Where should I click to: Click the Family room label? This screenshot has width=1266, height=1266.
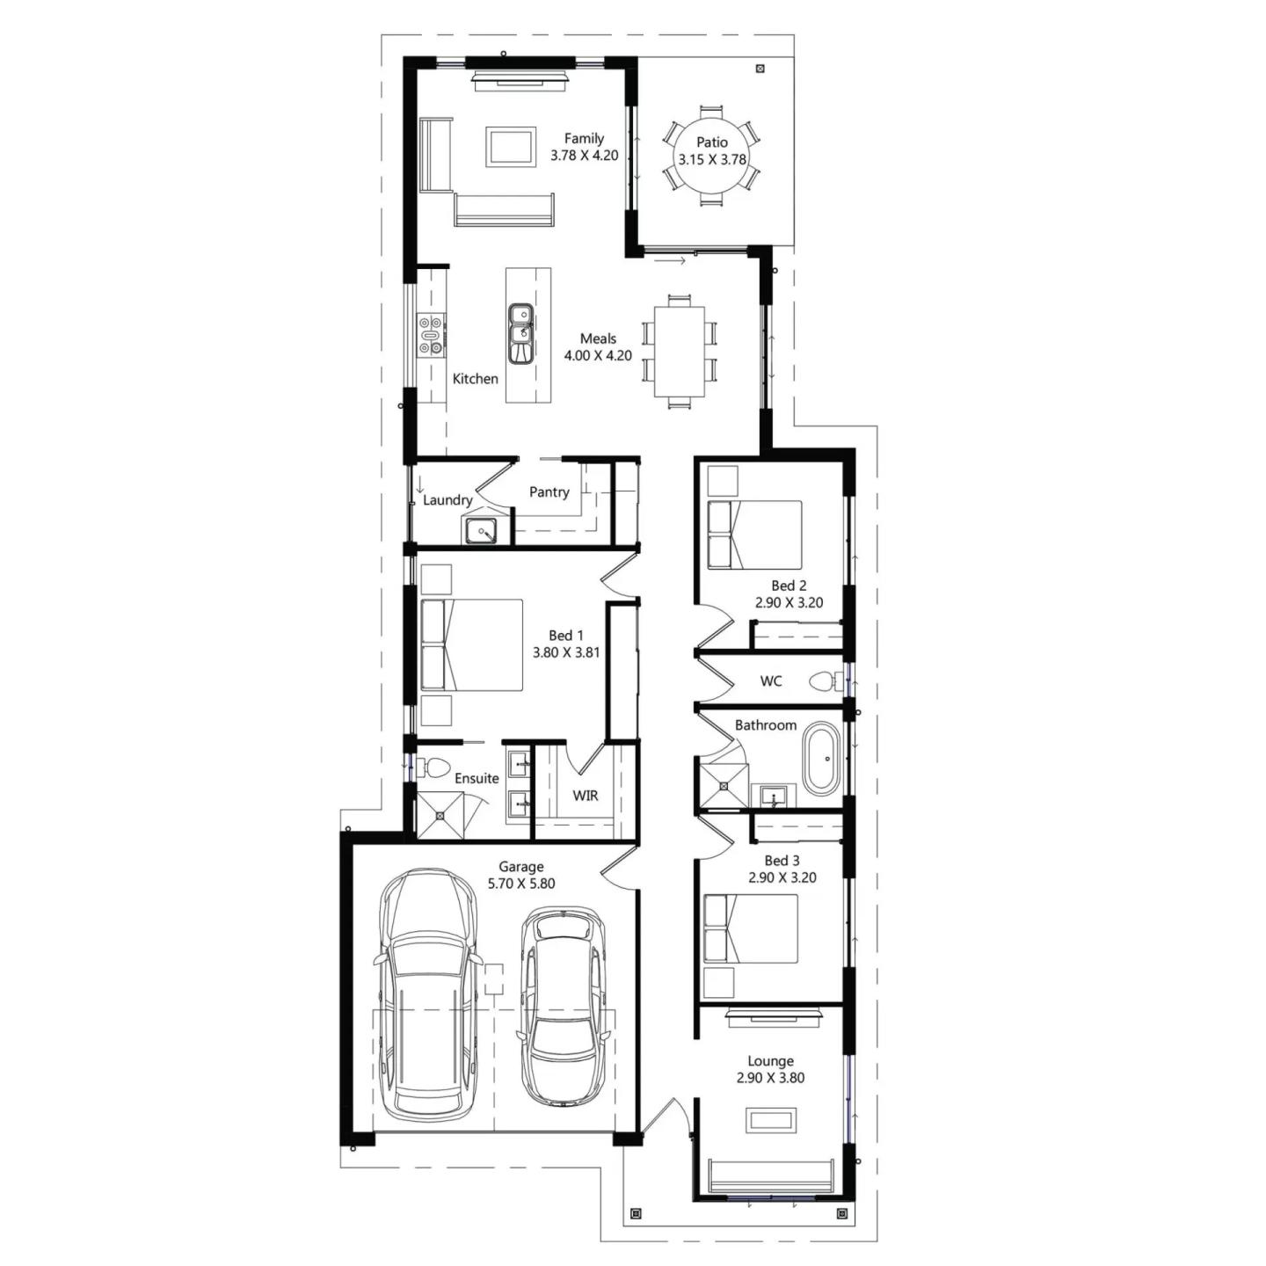(584, 138)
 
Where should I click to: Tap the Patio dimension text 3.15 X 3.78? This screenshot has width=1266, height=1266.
(711, 160)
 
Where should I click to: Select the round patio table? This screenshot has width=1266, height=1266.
(711, 155)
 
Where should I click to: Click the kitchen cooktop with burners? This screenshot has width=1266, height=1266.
(431, 336)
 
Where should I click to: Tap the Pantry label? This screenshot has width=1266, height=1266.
(549, 492)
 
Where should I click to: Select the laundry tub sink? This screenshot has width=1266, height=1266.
(481, 531)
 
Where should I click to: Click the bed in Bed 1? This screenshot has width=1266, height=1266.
(472, 644)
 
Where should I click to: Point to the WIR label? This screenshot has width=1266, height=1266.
(586, 796)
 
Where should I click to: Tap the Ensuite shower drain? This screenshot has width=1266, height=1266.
(440, 815)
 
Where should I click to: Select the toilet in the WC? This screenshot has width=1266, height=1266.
(825, 681)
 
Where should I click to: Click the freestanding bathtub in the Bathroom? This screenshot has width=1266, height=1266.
(822, 760)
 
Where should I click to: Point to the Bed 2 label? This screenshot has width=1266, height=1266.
(789, 586)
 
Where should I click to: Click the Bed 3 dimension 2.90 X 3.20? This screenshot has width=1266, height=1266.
(782, 877)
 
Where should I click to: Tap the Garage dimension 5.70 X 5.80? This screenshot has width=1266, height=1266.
(521, 884)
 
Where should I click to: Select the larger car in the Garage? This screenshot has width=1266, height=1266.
(428, 993)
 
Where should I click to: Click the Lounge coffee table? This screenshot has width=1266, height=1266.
(772, 1120)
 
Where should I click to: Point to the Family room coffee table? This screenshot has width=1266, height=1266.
(512, 146)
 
